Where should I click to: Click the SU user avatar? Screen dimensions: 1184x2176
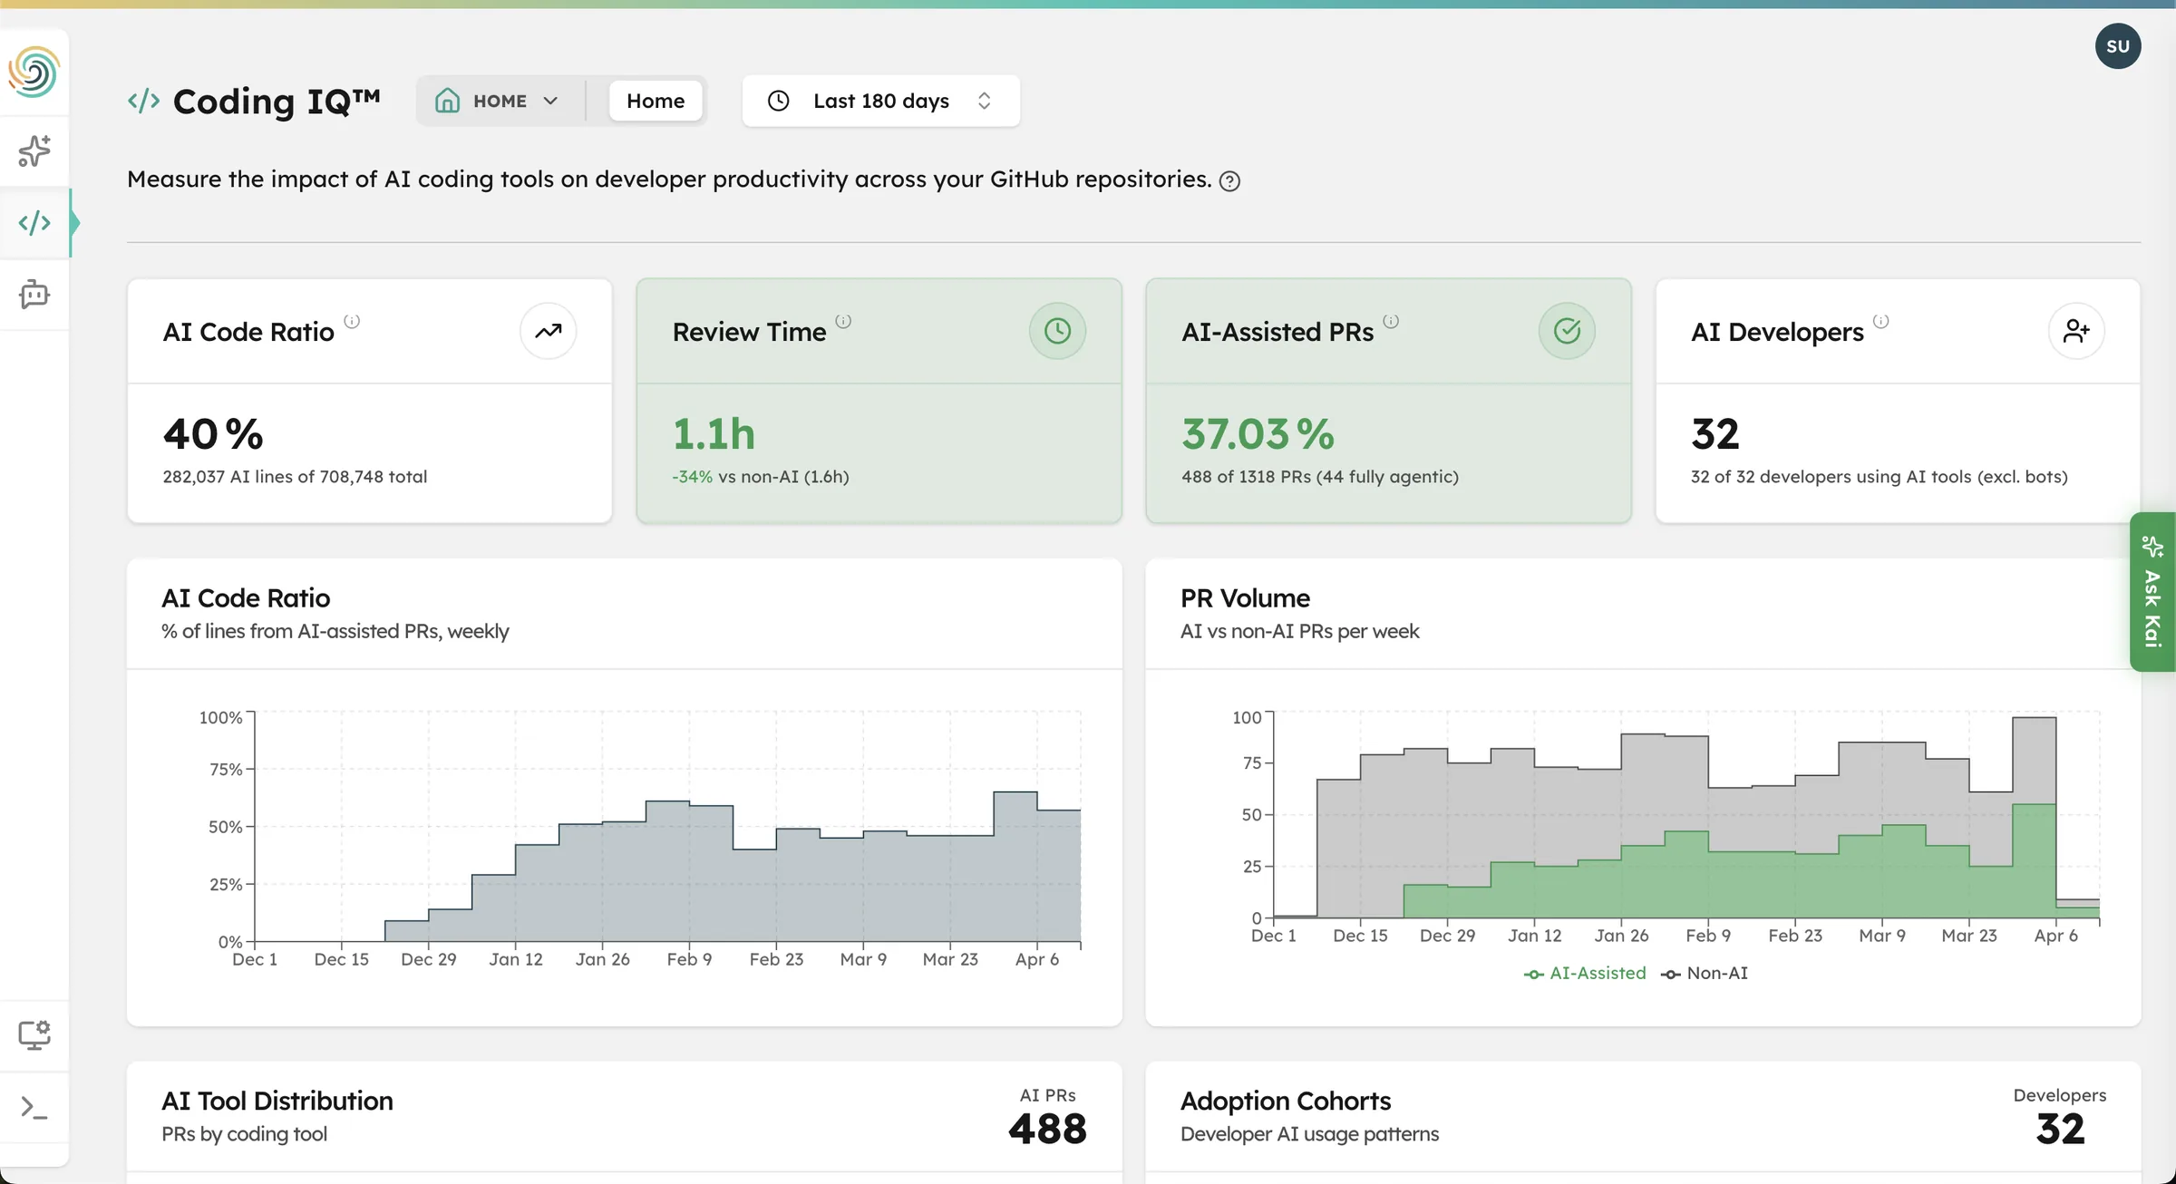(2117, 46)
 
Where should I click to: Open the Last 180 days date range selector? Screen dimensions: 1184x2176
(880, 101)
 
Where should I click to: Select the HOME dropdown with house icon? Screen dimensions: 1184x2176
(497, 101)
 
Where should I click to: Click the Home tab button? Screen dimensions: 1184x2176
(655, 101)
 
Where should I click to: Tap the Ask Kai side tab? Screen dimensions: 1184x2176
(2152, 592)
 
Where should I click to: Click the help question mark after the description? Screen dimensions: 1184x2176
(1229, 181)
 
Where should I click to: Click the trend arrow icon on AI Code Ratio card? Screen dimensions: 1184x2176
(548, 332)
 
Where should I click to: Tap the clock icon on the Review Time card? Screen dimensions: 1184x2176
(1057, 332)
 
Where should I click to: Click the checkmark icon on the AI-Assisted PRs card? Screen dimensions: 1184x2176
(1567, 332)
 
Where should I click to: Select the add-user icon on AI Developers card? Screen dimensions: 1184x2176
(2076, 332)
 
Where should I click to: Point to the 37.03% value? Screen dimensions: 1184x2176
(1258, 434)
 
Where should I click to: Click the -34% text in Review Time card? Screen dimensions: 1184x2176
(692, 477)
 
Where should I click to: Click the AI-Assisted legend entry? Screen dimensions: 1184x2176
(1586, 973)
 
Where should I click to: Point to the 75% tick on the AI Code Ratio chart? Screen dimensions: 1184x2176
(226, 770)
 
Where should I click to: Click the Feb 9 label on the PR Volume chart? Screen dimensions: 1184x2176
(1708, 936)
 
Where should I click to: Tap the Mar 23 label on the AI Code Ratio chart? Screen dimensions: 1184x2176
(950, 959)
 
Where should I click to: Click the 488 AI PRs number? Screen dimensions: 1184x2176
(1047, 1129)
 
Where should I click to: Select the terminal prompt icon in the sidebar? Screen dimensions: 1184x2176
(34, 1107)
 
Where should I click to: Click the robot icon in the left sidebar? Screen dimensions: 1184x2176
(34, 295)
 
